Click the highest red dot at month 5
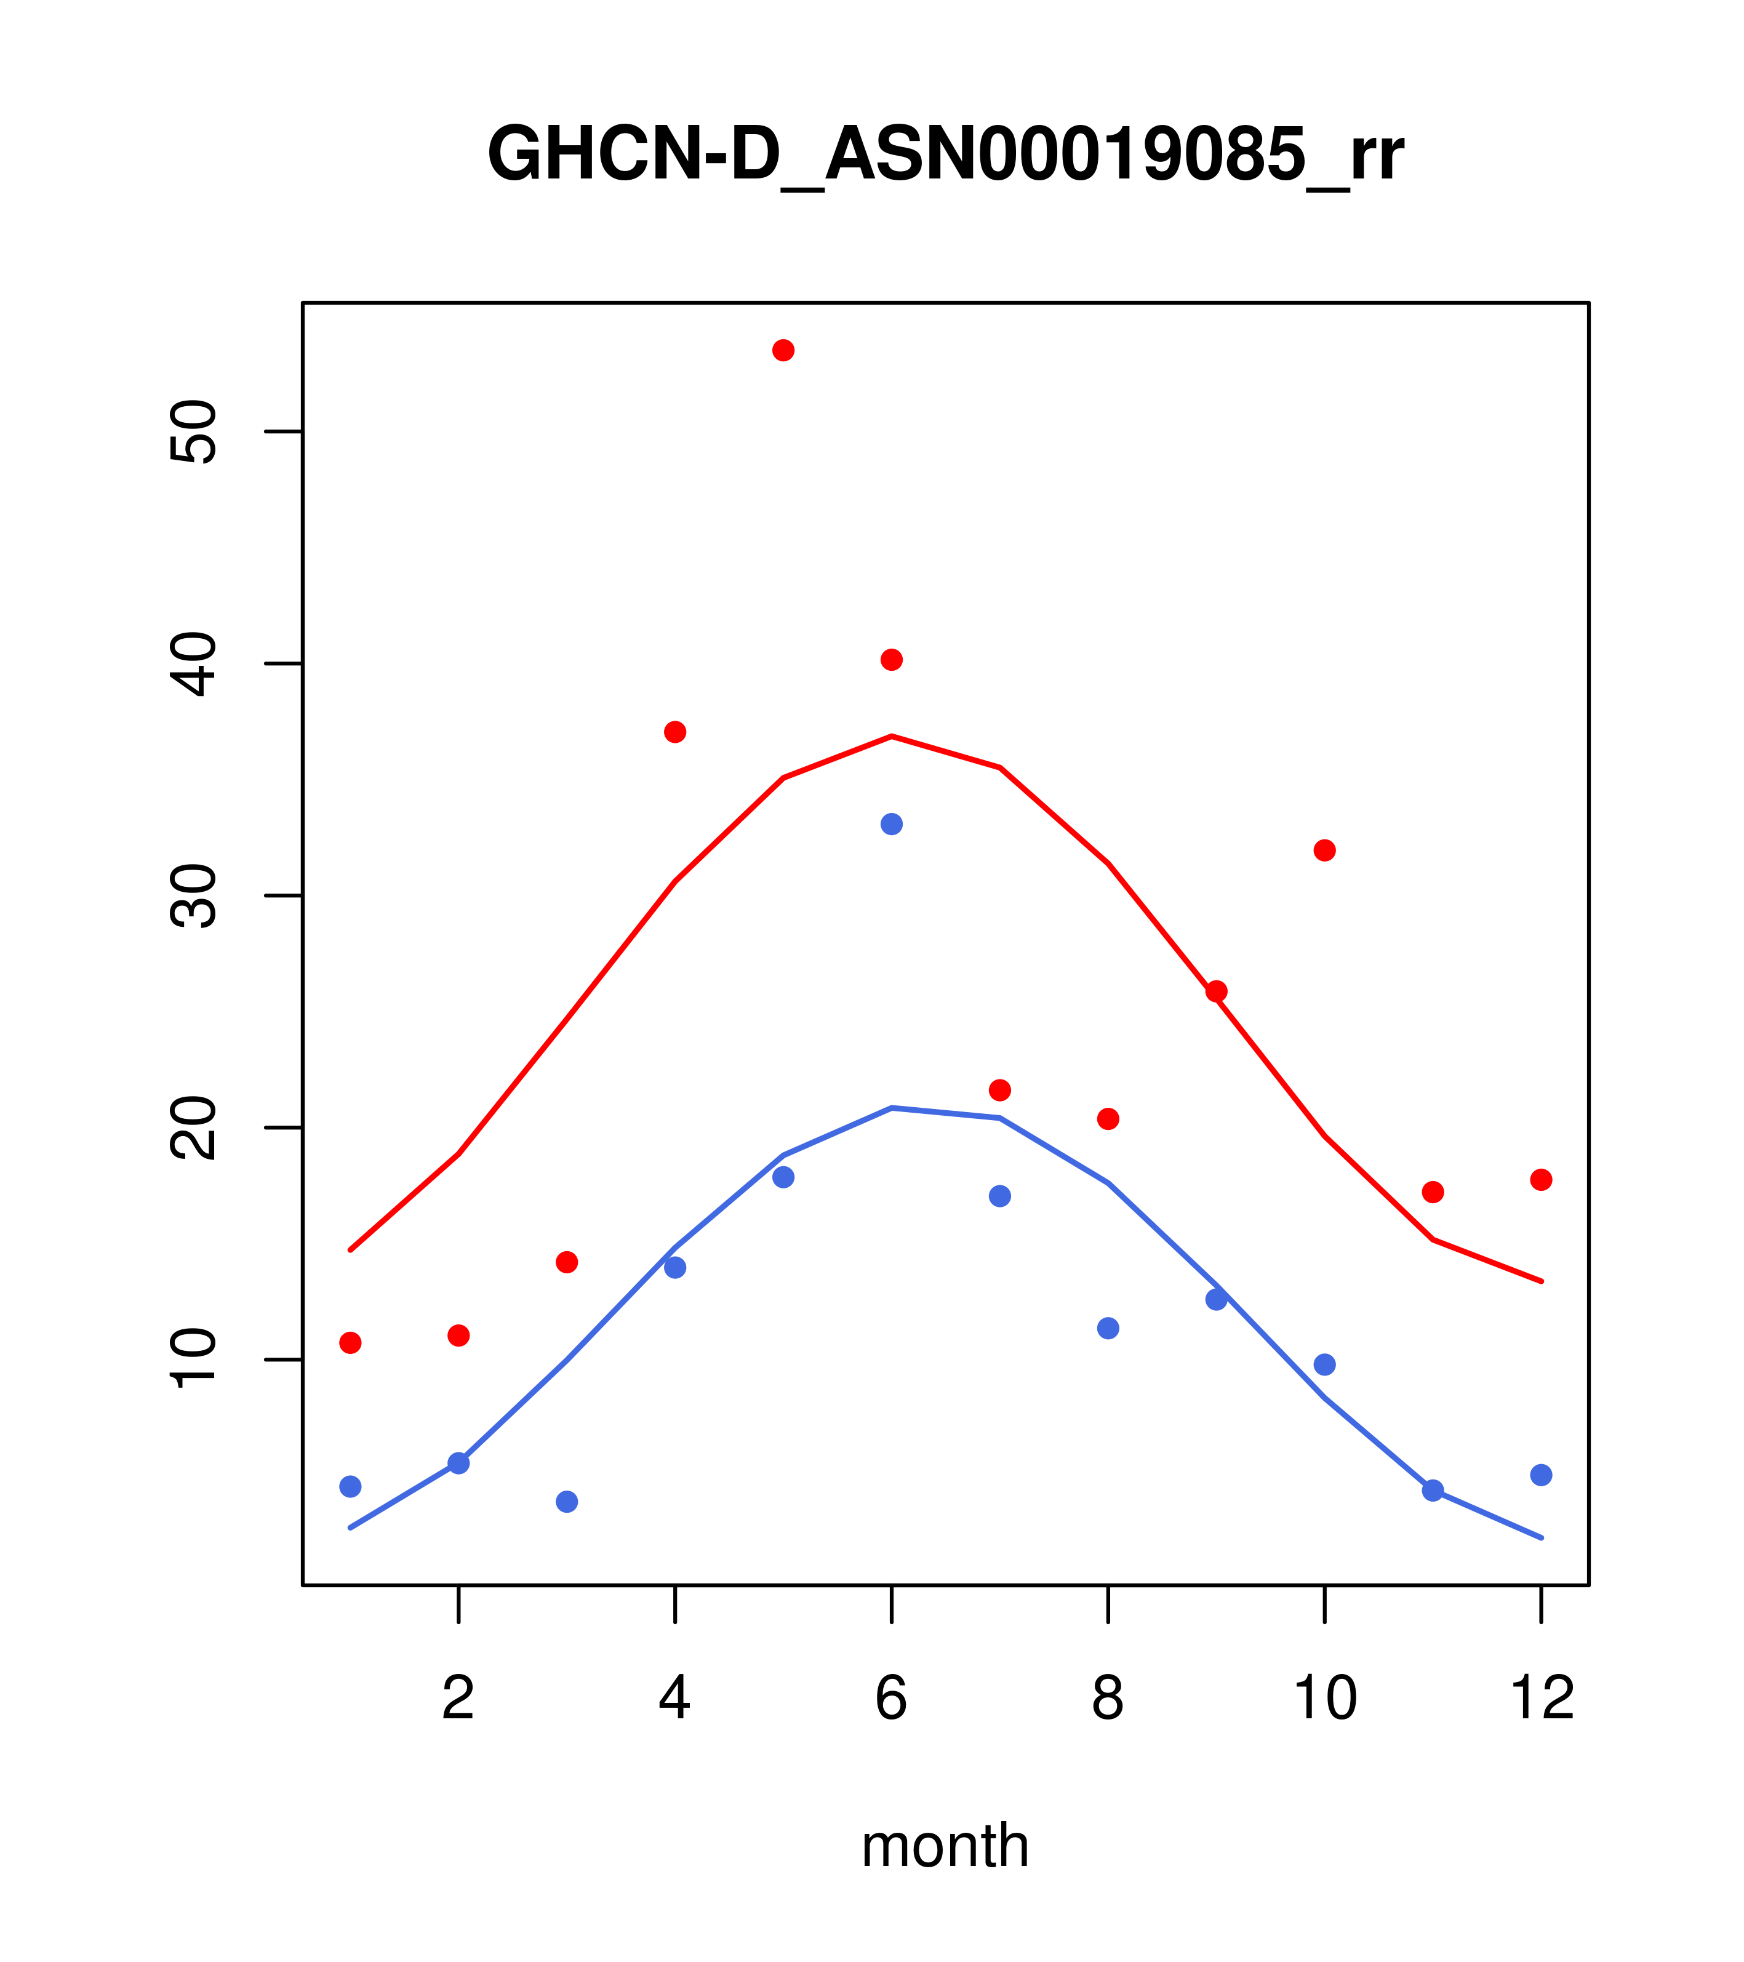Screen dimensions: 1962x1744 [783, 350]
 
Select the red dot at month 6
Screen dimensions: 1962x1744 [892, 660]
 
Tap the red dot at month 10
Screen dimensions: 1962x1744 [1324, 851]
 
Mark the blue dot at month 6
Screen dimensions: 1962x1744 [892, 825]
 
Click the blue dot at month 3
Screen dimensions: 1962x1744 [567, 1501]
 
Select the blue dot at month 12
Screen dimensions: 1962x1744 [1542, 1475]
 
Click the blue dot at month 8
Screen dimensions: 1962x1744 [1108, 1329]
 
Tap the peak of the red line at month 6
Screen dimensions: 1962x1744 [892, 736]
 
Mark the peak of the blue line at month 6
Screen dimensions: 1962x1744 [892, 1108]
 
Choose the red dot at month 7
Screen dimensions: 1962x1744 [1000, 1091]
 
